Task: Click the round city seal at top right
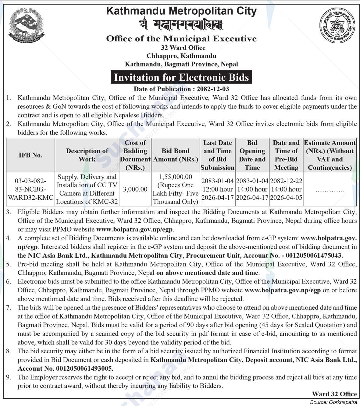pyautogui.click(x=337, y=26)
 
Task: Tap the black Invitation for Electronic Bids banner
pyautogui.click(x=181, y=77)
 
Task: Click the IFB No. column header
pyautogui.click(x=30, y=155)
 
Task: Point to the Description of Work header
pyautogui.click(x=87, y=155)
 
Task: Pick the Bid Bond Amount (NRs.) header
pyautogui.click(x=176, y=155)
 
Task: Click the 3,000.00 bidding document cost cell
pyautogui.click(x=135, y=189)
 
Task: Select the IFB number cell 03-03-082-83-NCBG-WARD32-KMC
pyautogui.click(x=30, y=189)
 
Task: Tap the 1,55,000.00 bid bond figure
pyautogui.click(x=176, y=177)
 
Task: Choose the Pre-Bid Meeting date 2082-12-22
pyautogui.click(x=286, y=181)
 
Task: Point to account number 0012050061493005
pyautogui.click(x=84, y=369)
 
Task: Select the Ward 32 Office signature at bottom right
pyautogui.click(x=334, y=394)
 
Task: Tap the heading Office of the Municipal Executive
pyautogui.click(x=181, y=39)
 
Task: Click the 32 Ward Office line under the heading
pyautogui.click(x=183, y=48)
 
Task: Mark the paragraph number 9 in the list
pyautogui.click(x=9, y=377)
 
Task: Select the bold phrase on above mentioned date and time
pyautogui.click(x=207, y=273)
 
